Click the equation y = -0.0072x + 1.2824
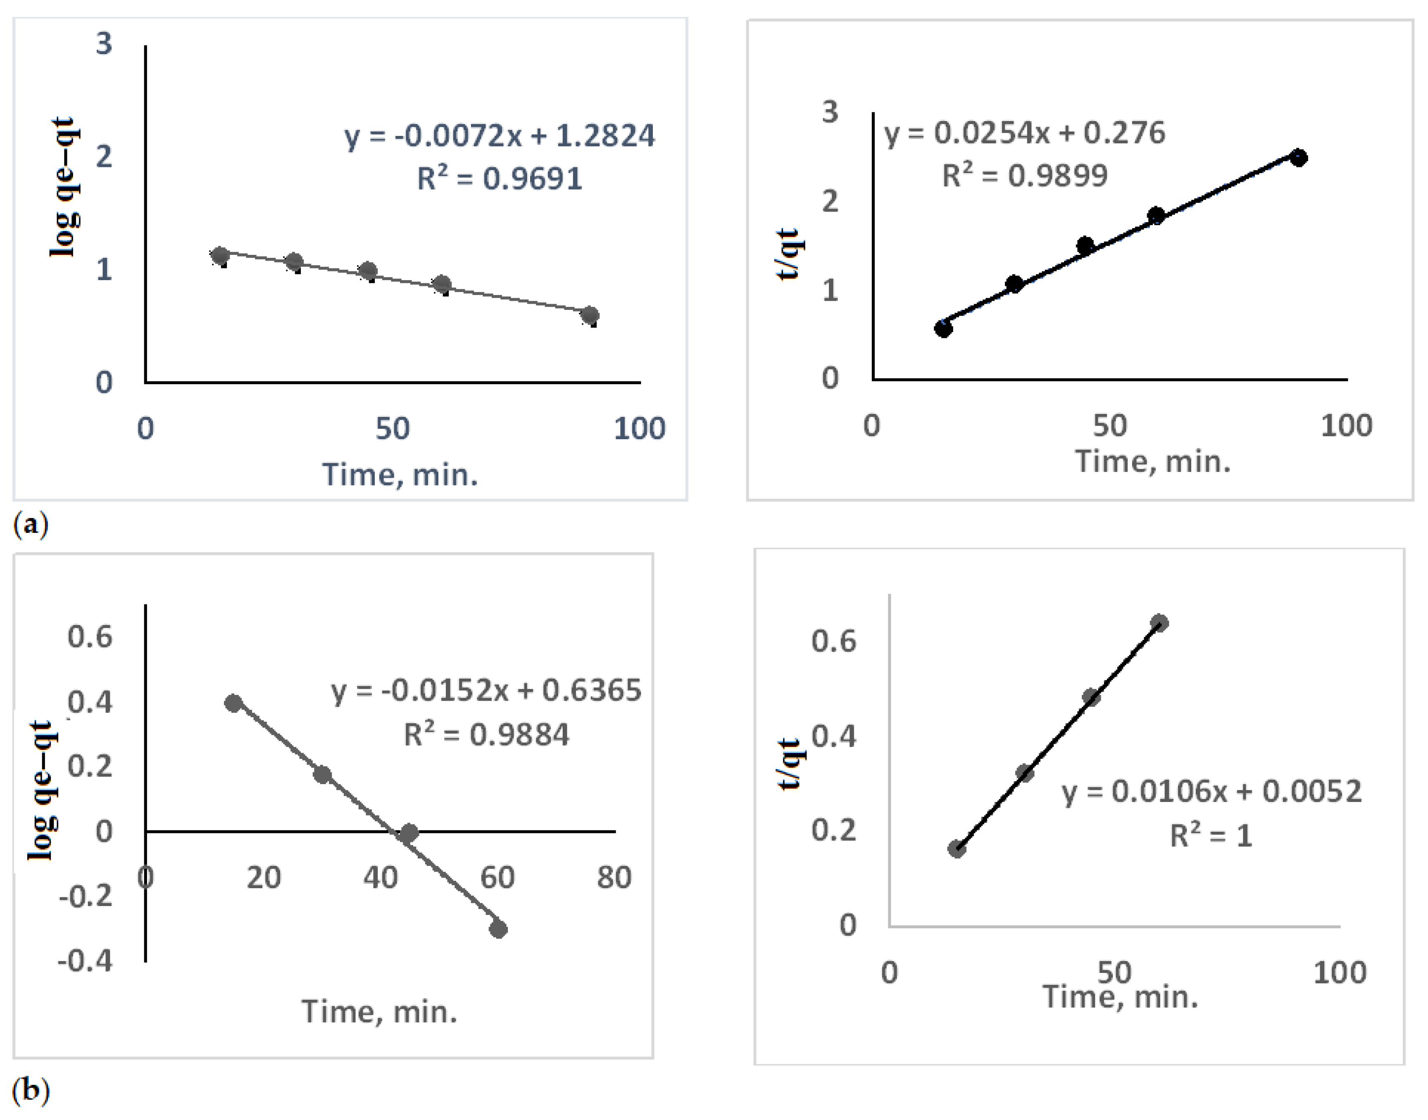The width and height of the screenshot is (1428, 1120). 500,136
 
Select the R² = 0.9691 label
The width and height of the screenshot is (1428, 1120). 500,178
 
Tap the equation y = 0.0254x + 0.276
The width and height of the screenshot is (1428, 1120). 1025,133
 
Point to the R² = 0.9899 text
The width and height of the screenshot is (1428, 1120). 1025,176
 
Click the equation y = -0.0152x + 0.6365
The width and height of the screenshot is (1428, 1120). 486,690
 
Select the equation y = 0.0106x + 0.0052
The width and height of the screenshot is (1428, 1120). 1211,792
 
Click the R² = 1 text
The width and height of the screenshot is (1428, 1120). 1211,835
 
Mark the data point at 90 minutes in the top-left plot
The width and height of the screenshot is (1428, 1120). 590,315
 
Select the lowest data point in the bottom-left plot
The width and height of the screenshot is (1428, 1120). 498,929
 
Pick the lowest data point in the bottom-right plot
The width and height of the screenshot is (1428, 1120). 957,849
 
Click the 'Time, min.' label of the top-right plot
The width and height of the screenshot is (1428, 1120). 1153,461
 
